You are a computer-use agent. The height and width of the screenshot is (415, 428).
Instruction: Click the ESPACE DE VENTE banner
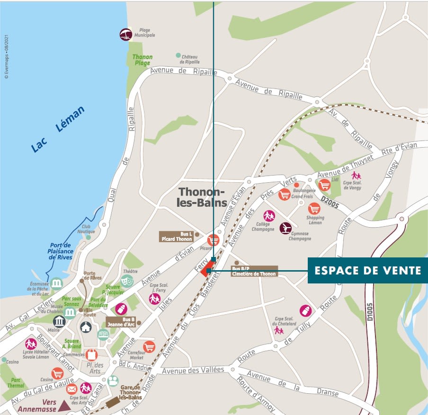[368, 270]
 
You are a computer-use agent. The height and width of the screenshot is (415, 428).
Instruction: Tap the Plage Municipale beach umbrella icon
[125, 34]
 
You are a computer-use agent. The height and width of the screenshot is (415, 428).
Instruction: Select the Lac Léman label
[58, 129]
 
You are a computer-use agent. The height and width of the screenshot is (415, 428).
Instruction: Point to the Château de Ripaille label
[190, 59]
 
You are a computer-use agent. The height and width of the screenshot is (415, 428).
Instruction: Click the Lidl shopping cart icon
[324, 185]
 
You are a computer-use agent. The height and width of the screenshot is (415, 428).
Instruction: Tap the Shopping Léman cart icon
[314, 209]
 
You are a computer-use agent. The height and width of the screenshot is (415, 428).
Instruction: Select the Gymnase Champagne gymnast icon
[285, 228]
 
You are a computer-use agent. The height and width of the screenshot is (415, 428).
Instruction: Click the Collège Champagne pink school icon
[269, 216]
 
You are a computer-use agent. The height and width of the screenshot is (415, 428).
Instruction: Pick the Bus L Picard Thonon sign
[177, 237]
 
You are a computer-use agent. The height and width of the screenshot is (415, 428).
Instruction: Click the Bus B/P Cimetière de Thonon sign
[254, 271]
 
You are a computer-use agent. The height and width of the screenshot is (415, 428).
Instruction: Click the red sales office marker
[205, 271]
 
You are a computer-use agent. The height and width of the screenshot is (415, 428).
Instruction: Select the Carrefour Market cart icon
[149, 347]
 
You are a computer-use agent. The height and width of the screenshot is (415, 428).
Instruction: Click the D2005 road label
[330, 199]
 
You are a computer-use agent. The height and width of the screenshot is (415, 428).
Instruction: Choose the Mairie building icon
[59, 322]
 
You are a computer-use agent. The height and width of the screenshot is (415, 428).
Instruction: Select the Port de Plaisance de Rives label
[61, 251]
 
